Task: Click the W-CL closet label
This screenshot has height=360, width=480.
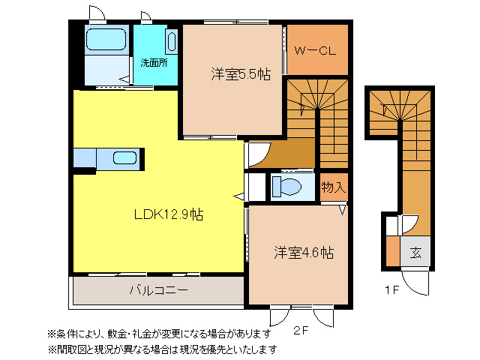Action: [314, 51]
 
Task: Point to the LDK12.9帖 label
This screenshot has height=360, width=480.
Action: [169, 214]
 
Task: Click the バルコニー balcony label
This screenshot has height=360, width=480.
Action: [157, 289]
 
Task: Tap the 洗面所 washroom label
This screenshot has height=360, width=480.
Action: [154, 62]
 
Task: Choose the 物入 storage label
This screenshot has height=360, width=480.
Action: [333, 187]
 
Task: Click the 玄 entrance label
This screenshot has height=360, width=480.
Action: [415, 252]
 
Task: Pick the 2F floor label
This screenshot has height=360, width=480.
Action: [301, 330]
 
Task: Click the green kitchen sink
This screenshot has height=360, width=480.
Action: [124, 158]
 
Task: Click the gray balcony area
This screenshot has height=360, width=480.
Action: [157, 290]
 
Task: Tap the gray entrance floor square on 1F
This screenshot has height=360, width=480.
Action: [415, 252]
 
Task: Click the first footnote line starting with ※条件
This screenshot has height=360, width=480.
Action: [158, 333]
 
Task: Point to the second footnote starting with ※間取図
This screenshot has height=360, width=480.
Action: [162, 349]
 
